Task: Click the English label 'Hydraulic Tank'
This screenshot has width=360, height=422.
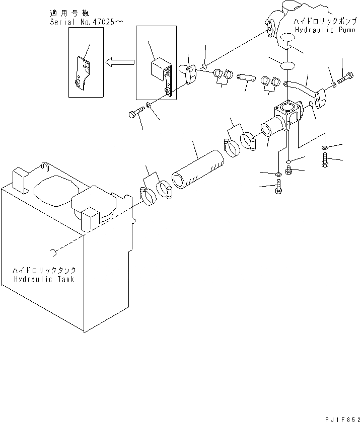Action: pos(44,279)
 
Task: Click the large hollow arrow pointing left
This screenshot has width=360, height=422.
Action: pos(119,62)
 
